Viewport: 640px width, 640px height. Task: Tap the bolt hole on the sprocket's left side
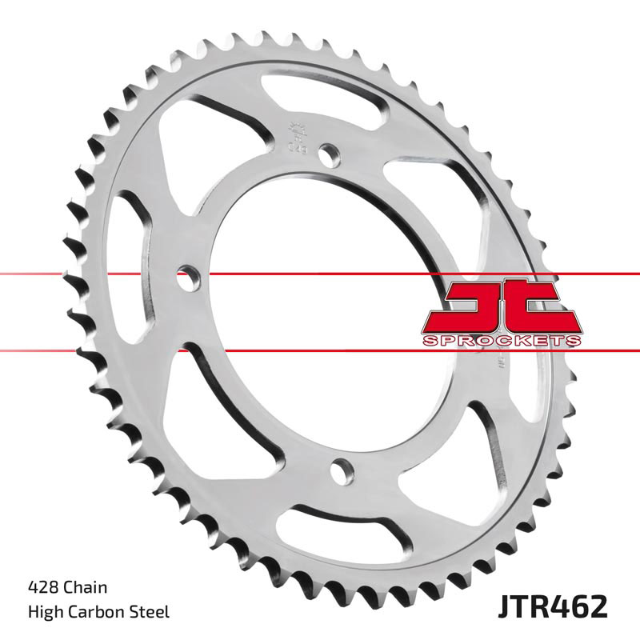(x=187, y=279)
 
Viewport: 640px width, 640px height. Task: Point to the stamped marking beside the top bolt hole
(x=295, y=136)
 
